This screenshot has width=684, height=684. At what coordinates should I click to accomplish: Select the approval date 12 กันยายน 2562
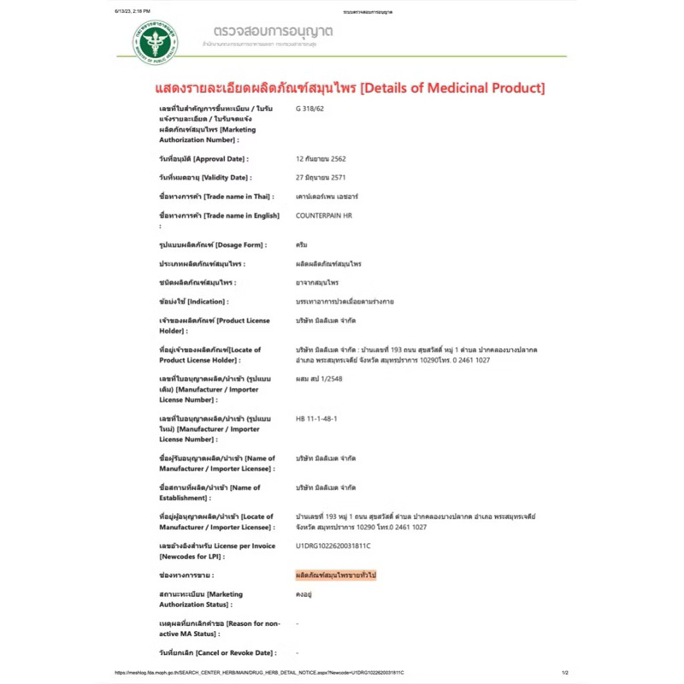[320, 159]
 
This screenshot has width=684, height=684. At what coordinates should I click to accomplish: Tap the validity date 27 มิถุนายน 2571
[321, 178]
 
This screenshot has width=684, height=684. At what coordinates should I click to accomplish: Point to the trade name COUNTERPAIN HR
[322, 215]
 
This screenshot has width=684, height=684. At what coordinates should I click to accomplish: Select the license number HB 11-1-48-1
[315, 420]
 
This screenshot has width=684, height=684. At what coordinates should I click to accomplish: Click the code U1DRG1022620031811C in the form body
[333, 545]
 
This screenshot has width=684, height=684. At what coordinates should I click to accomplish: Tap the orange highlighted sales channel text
[334, 575]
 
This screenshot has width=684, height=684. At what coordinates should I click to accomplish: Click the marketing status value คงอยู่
[304, 594]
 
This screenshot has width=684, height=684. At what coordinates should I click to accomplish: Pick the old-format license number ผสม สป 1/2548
[318, 379]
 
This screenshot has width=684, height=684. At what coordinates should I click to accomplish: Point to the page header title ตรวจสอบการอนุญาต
[268, 32]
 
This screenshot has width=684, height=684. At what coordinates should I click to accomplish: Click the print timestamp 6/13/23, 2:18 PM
[119, 11]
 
